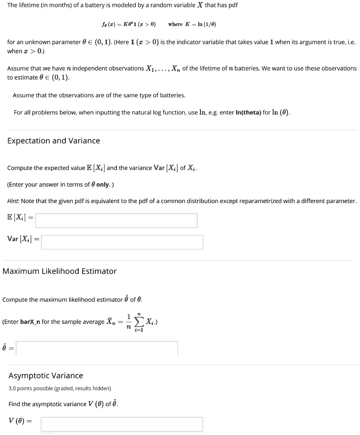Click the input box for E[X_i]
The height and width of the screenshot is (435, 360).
coord(116,221)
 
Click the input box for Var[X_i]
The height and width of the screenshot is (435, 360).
coord(122,242)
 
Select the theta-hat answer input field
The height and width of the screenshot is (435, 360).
coord(97,348)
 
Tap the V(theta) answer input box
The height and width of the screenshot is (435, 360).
coord(122,424)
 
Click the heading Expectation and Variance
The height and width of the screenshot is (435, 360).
coord(54,141)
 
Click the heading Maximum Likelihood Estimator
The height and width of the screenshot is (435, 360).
coord(60,271)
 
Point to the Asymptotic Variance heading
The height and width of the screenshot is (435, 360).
coord(46,376)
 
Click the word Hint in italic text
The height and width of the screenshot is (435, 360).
coord(13,201)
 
